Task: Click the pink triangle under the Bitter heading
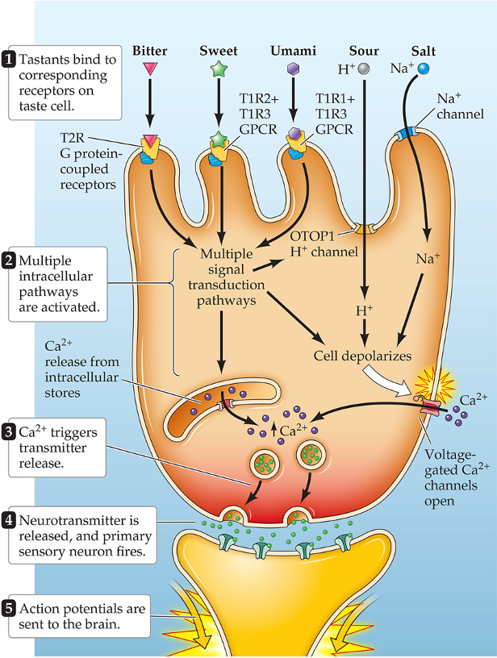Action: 149,71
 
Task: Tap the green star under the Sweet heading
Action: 218,69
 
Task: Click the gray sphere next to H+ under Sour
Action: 364,69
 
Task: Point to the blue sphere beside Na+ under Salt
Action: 424,70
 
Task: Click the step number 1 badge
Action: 10,59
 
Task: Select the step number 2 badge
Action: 10,261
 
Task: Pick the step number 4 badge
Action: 10,517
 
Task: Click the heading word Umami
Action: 294,51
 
